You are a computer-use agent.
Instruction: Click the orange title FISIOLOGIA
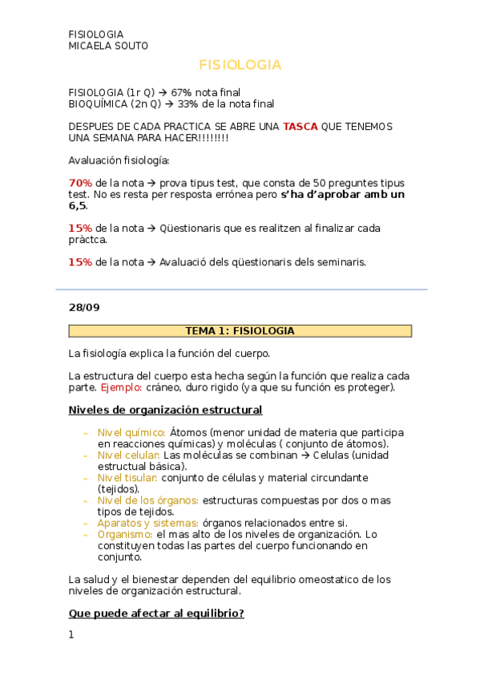point(240,64)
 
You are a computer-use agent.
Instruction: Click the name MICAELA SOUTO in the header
point(108,46)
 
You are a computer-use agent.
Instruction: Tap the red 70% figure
point(80,183)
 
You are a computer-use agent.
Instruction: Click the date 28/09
point(84,306)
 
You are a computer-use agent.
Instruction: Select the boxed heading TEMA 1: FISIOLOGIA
point(240,330)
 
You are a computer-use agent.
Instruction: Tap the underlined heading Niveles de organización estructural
point(165,410)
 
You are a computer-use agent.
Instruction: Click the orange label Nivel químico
point(131,432)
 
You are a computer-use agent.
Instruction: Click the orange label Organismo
point(125,533)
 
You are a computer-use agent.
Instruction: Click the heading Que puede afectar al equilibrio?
point(156,613)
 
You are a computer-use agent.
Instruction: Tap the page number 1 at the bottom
point(71,635)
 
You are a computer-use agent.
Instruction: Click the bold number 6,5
point(77,205)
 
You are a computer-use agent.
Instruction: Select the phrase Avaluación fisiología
point(113,160)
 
